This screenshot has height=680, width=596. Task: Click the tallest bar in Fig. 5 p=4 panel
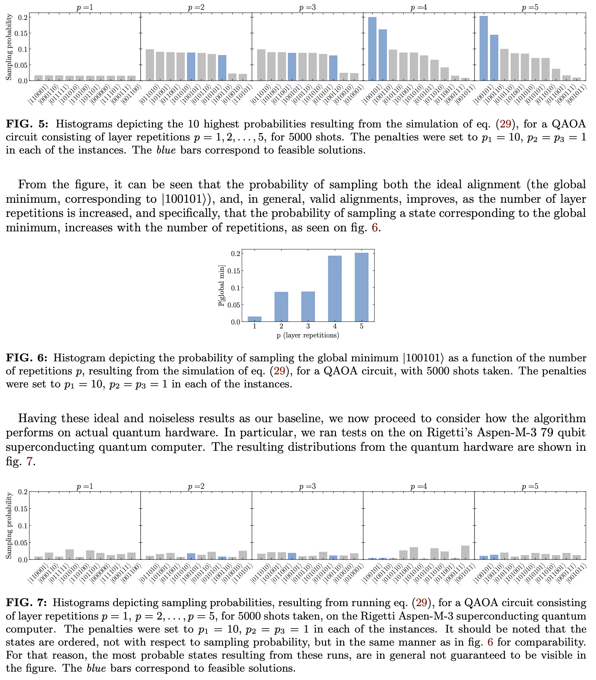(x=372, y=49)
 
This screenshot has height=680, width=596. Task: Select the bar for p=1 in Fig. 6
(x=255, y=319)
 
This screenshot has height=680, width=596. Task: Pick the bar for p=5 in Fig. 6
(x=361, y=287)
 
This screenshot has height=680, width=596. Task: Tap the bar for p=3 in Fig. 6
(x=308, y=306)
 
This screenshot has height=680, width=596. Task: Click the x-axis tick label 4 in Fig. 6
(x=335, y=326)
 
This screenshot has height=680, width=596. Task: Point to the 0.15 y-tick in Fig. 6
(x=235, y=270)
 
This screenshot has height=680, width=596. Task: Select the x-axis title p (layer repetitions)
(x=308, y=335)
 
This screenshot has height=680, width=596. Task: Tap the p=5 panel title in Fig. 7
(x=530, y=486)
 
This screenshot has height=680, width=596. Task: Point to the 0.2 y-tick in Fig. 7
(x=23, y=492)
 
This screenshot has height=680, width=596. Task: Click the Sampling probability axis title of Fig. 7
(x=10, y=525)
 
